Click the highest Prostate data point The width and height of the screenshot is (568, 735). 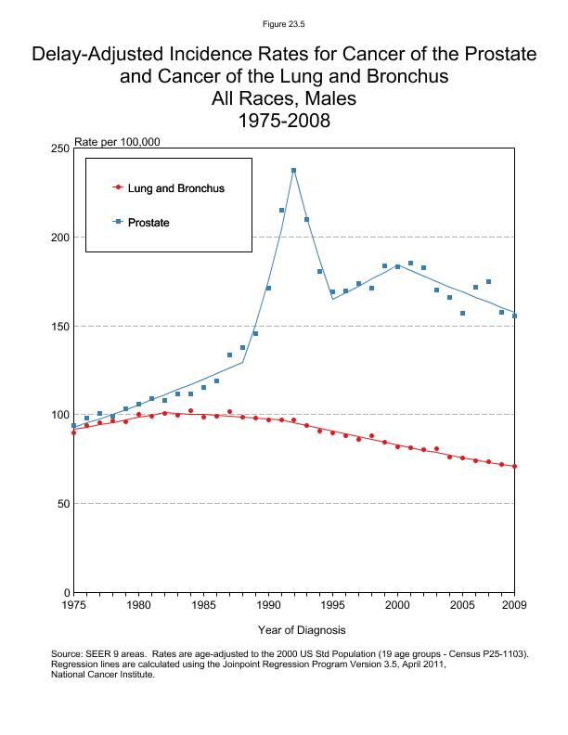tap(294, 171)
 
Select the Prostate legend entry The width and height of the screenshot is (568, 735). tap(148, 223)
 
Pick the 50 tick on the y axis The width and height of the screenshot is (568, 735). tap(62, 504)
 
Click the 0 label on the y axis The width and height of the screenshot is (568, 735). tap(66, 592)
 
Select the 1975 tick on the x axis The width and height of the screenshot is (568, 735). tap(73, 605)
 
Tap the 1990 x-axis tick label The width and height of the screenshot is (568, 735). tap(269, 605)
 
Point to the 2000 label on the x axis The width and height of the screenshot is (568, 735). tap(398, 605)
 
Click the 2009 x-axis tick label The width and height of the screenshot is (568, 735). tap(514, 605)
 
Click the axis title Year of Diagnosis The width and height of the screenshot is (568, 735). tap(302, 630)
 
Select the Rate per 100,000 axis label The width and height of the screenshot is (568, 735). tap(117, 142)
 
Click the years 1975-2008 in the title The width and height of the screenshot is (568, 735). tap(284, 122)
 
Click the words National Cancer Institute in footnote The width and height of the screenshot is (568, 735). tap(102, 675)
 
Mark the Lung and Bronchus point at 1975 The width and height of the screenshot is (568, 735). tap(73, 432)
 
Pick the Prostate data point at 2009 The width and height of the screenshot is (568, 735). tap(515, 316)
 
